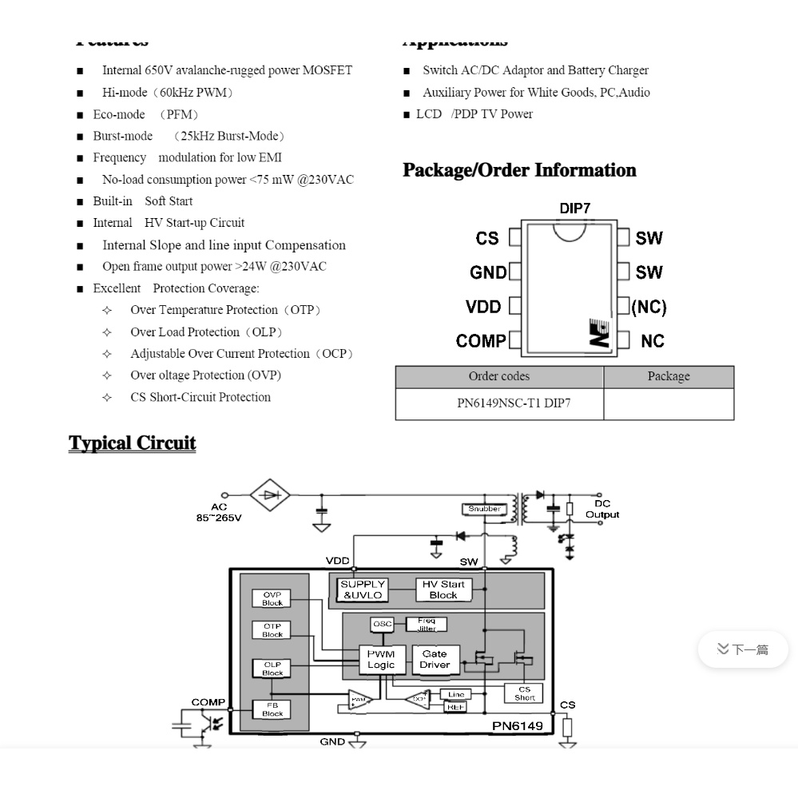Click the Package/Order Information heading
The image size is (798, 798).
[519, 170]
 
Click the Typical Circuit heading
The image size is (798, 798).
[133, 443]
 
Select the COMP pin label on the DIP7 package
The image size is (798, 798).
[480, 341]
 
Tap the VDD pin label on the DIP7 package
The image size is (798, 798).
[482, 307]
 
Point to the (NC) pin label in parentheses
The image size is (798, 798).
[649, 307]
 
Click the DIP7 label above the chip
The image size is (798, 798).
[574, 208]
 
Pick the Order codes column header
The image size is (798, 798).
[498, 377]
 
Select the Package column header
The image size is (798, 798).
[668, 377]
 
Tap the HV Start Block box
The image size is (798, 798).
[443, 590]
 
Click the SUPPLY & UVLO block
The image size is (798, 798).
[363, 590]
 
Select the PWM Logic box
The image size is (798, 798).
[381, 659]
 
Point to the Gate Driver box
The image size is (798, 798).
[435, 659]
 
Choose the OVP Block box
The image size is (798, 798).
[272, 598]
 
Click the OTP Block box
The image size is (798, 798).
[272, 630]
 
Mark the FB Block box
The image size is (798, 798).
[272, 709]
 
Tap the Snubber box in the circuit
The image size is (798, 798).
[484, 509]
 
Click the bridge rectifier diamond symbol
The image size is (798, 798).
[271, 495]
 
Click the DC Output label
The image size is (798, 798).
[602, 509]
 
